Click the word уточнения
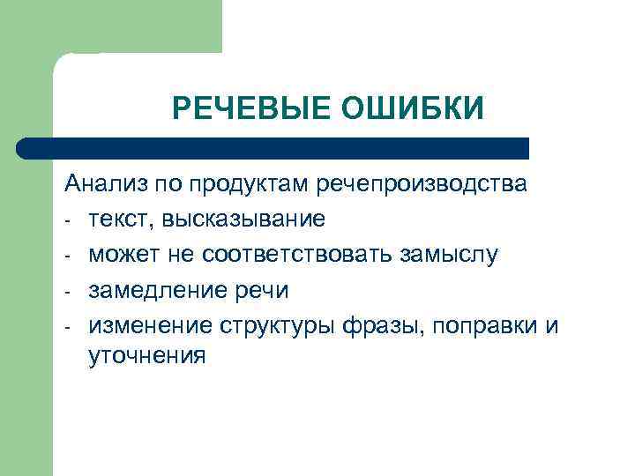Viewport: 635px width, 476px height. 147,357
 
